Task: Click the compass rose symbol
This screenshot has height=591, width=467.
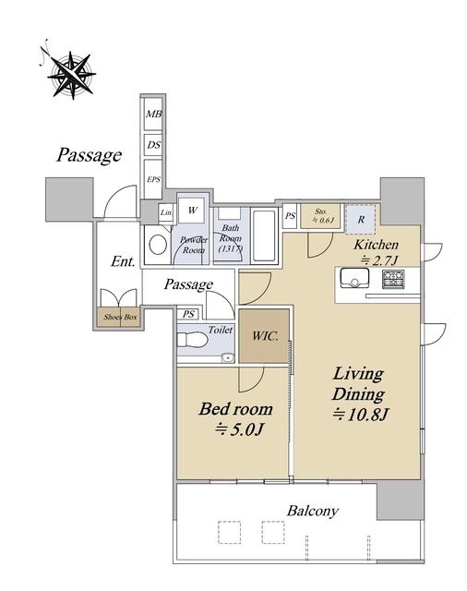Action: (71, 75)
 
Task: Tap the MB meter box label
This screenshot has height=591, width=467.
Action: (153, 114)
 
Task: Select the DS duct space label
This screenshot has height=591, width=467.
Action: (153, 145)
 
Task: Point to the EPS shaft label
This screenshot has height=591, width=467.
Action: (153, 179)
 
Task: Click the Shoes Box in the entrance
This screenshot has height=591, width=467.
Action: (120, 317)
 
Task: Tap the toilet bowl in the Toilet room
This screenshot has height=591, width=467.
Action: (193, 340)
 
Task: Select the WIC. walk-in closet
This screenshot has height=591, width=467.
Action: (264, 336)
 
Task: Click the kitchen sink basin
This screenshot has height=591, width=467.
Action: (354, 278)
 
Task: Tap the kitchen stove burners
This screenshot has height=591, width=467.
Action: (393, 279)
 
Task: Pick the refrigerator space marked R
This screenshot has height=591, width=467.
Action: (361, 219)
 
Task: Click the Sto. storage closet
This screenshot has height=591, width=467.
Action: (320, 216)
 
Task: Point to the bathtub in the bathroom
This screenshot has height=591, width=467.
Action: (264, 236)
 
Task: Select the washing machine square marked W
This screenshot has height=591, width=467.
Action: (193, 211)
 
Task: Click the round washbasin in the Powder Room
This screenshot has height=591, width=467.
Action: (158, 245)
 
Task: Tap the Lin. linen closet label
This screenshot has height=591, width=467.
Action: (166, 212)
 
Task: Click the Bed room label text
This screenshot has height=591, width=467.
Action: (235, 409)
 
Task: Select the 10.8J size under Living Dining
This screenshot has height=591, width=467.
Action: (361, 415)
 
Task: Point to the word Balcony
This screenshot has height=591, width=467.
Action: (313, 511)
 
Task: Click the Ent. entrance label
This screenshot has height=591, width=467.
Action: (123, 261)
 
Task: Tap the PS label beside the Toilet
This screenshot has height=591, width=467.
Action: (188, 314)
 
